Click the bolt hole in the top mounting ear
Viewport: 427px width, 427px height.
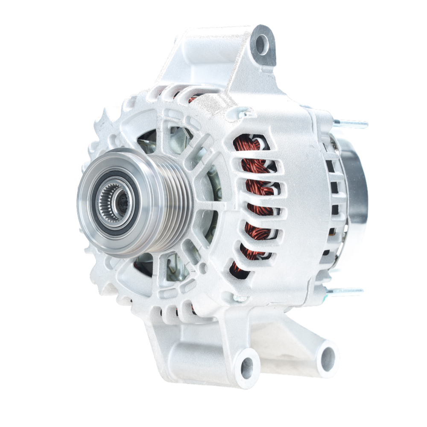262,44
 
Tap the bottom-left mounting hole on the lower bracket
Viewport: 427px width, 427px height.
247,367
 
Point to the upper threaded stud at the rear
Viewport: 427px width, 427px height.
351,124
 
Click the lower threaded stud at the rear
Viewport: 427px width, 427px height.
347,292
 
